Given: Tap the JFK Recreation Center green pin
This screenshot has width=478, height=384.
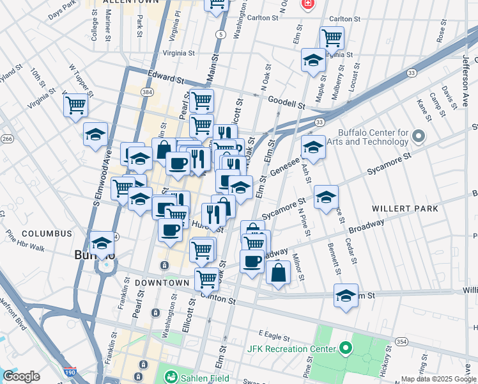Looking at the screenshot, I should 346,349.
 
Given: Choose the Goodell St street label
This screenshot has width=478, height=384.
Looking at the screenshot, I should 286,102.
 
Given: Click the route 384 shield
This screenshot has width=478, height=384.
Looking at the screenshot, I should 148,93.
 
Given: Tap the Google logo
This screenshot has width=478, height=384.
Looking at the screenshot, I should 22,376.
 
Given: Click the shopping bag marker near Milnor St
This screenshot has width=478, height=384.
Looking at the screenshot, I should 279,272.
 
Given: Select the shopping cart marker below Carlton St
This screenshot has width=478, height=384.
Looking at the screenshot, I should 332,38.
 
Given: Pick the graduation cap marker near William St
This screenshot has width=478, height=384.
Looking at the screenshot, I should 346,296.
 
